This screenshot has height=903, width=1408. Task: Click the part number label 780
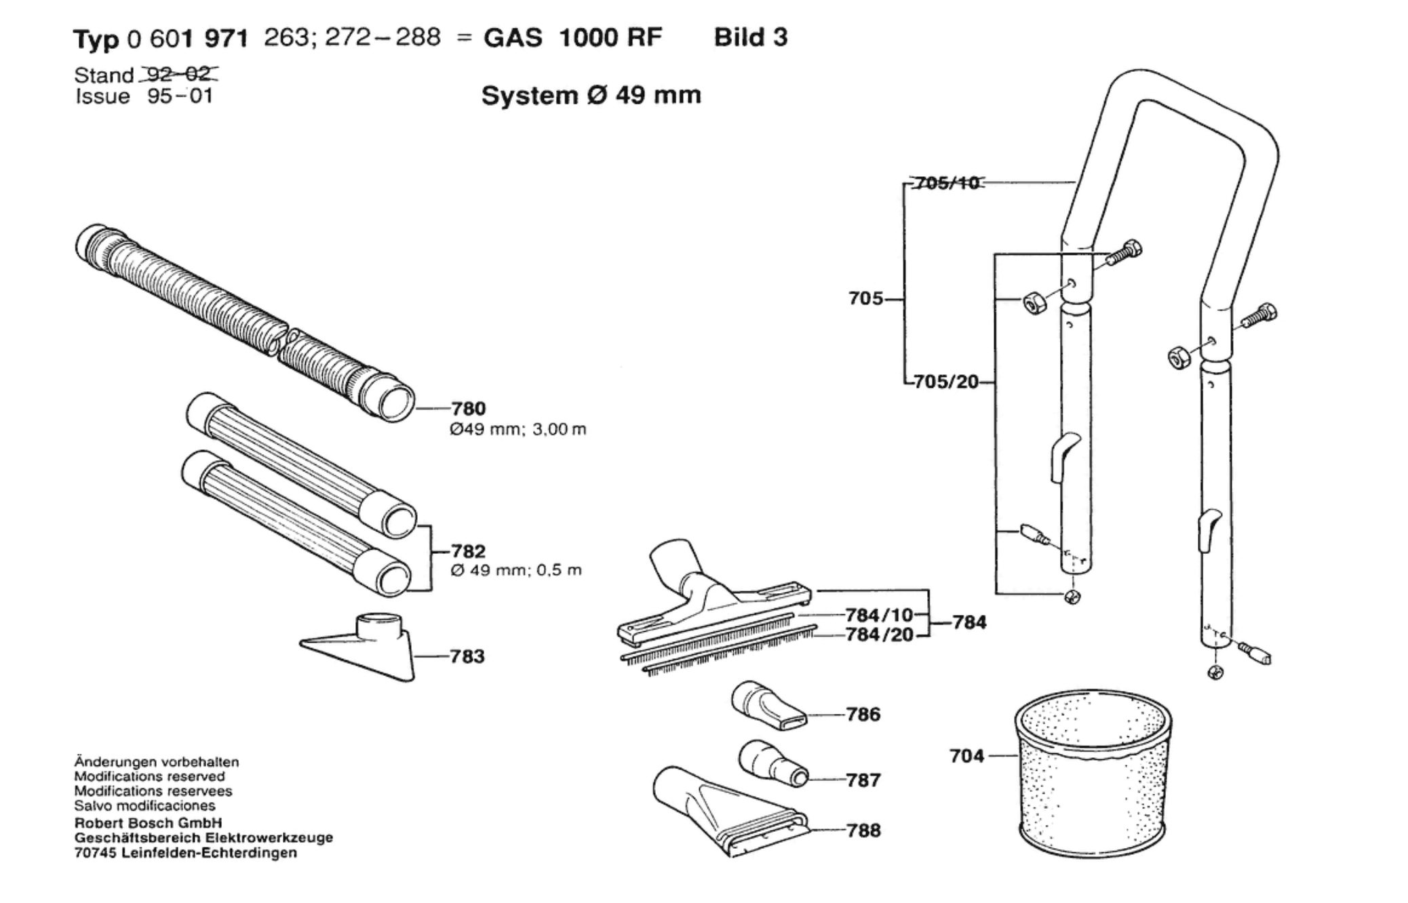(469, 408)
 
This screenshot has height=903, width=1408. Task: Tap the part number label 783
(467, 656)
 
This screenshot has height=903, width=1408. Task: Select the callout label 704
(967, 755)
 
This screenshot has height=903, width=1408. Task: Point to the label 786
(863, 714)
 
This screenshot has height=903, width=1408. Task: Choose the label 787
(863, 780)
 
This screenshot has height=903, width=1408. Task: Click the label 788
(863, 830)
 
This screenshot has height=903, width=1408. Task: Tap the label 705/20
(947, 382)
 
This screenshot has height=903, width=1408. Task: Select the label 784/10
(880, 615)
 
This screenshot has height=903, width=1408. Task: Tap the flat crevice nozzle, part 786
(768, 706)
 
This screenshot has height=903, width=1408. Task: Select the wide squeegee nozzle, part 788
(730, 811)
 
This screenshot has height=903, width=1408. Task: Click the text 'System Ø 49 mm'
(591, 95)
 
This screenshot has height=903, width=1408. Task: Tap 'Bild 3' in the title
(751, 37)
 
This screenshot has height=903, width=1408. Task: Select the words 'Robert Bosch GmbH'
(149, 823)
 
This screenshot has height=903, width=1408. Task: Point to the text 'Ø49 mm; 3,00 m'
(518, 430)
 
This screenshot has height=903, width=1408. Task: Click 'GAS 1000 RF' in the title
(572, 37)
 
